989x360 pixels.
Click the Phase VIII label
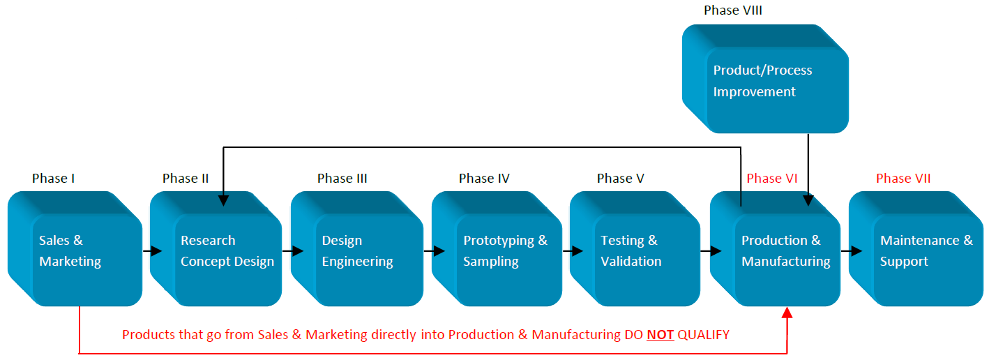pyautogui.click(x=732, y=10)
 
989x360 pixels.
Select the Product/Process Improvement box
pyautogui.click(x=765, y=79)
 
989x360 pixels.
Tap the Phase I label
pyautogui.click(x=53, y=178)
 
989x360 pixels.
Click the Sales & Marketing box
pyautogui.click(x=75, y=248)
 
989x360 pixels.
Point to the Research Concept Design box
pyautogui.click(x=216, y=248)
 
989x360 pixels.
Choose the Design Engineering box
pyautogui.click(x=357, y=248)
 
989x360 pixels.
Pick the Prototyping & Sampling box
pyautogui.click(x=497, y=248)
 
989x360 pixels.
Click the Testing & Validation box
pyautogui.click(x=635, y=248)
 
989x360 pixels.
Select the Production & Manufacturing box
pyautogui.click(x=776, y=248)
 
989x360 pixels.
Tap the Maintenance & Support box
pyautogui.click(x=916, y=248)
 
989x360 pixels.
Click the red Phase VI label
pyautogui.click(x=772, y=178)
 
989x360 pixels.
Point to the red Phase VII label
pyautogui.click(x=903, y=178)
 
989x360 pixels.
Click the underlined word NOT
pyautogui.click(x=660, y=335)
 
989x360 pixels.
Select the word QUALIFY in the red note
pyautogui.click(x=703, y=335)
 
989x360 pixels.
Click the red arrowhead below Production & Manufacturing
pyautogui.click(x=787, y=313)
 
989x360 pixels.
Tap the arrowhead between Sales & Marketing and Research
pyautogui.click(x=156, y=251)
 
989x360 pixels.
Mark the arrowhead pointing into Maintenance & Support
pyautogui.click(x=856, y=251)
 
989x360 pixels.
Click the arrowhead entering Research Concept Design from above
pyautogui.click(x=223, y=200)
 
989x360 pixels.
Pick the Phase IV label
pyautogui.click(x=484, y=178)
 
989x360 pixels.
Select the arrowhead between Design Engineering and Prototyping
pyautogui.click(x=439, y=251)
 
